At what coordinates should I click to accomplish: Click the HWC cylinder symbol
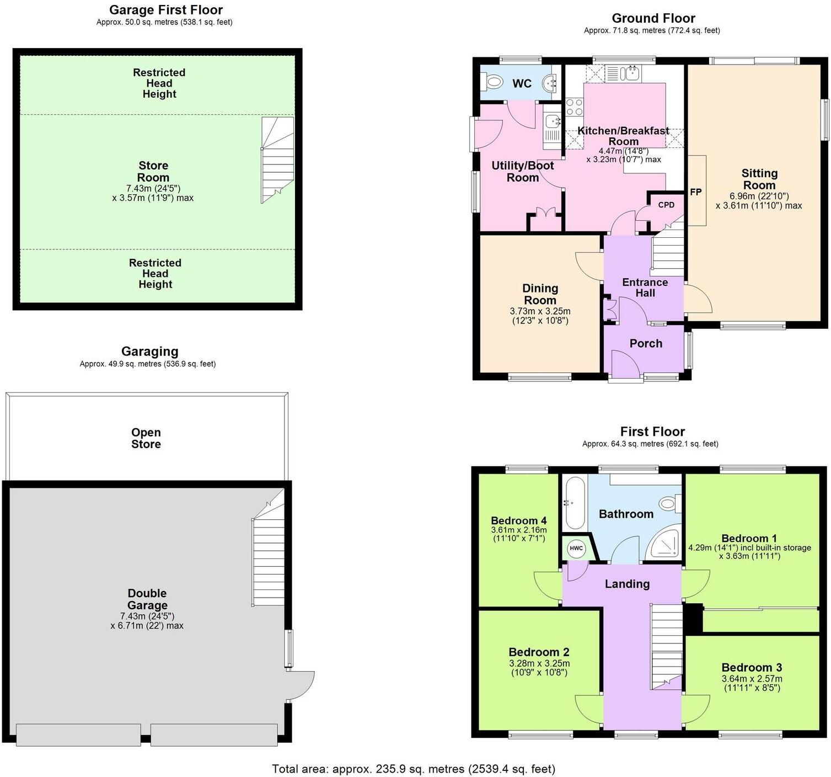[x=576, y=548]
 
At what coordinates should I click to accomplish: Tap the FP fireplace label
[x=696, y=192]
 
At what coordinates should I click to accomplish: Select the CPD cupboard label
[x=666, y=205]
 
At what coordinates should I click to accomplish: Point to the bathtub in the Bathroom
[x=574, y=503]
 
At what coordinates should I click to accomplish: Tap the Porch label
[x=646, y=343]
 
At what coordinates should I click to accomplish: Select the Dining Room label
[x=540, y=294]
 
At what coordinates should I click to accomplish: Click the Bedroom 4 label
[x=518, y=520]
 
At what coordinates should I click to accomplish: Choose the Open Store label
[x=146, y=438]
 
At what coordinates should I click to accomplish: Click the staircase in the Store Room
[x=277, y=160]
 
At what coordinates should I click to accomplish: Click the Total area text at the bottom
[x=414, y=769]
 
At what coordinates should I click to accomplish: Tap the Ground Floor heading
[x=653, y=18]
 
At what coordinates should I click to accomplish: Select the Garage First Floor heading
[x=165, y=10]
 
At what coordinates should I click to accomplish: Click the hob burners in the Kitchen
[x=574, y=107]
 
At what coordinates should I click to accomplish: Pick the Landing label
[x=627, y=584]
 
